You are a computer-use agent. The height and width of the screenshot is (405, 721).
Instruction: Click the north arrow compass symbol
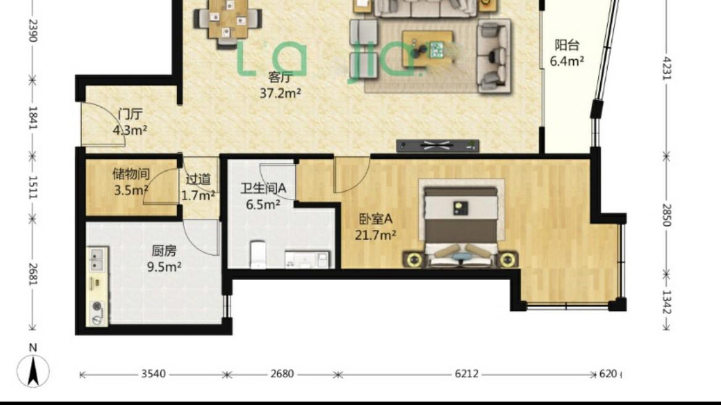coord(33,371)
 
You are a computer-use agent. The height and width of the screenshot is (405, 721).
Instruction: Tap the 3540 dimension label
coord(153,374)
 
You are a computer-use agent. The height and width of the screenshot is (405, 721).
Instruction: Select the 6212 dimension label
coord(466,374)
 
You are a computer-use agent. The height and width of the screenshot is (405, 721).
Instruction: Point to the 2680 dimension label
coord(282,374)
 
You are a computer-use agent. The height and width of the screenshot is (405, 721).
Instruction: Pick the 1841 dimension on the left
coord(33,118)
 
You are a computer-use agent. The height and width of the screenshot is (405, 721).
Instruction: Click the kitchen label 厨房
coord(164,251)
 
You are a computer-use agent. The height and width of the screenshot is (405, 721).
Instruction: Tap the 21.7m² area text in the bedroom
coord(375,236)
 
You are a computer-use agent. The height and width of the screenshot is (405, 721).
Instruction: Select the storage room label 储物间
coord(131,174)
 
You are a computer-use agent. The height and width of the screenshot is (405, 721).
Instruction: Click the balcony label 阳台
coord(567,45)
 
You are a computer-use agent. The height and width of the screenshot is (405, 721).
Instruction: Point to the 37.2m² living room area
coord(280,93)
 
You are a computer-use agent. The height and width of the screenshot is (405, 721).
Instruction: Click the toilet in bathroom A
coord(258,254)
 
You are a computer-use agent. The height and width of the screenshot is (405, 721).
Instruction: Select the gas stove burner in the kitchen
coord(97,307)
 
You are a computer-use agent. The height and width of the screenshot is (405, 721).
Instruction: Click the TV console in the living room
coord(438,146)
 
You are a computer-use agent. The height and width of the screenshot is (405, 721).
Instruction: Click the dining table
coord(227,19)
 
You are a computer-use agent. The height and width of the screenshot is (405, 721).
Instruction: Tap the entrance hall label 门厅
coord(130,113)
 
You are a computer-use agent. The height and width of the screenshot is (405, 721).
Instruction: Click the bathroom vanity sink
coord(308,259)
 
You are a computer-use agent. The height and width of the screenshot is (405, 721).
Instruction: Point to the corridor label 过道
coord(198,179)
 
